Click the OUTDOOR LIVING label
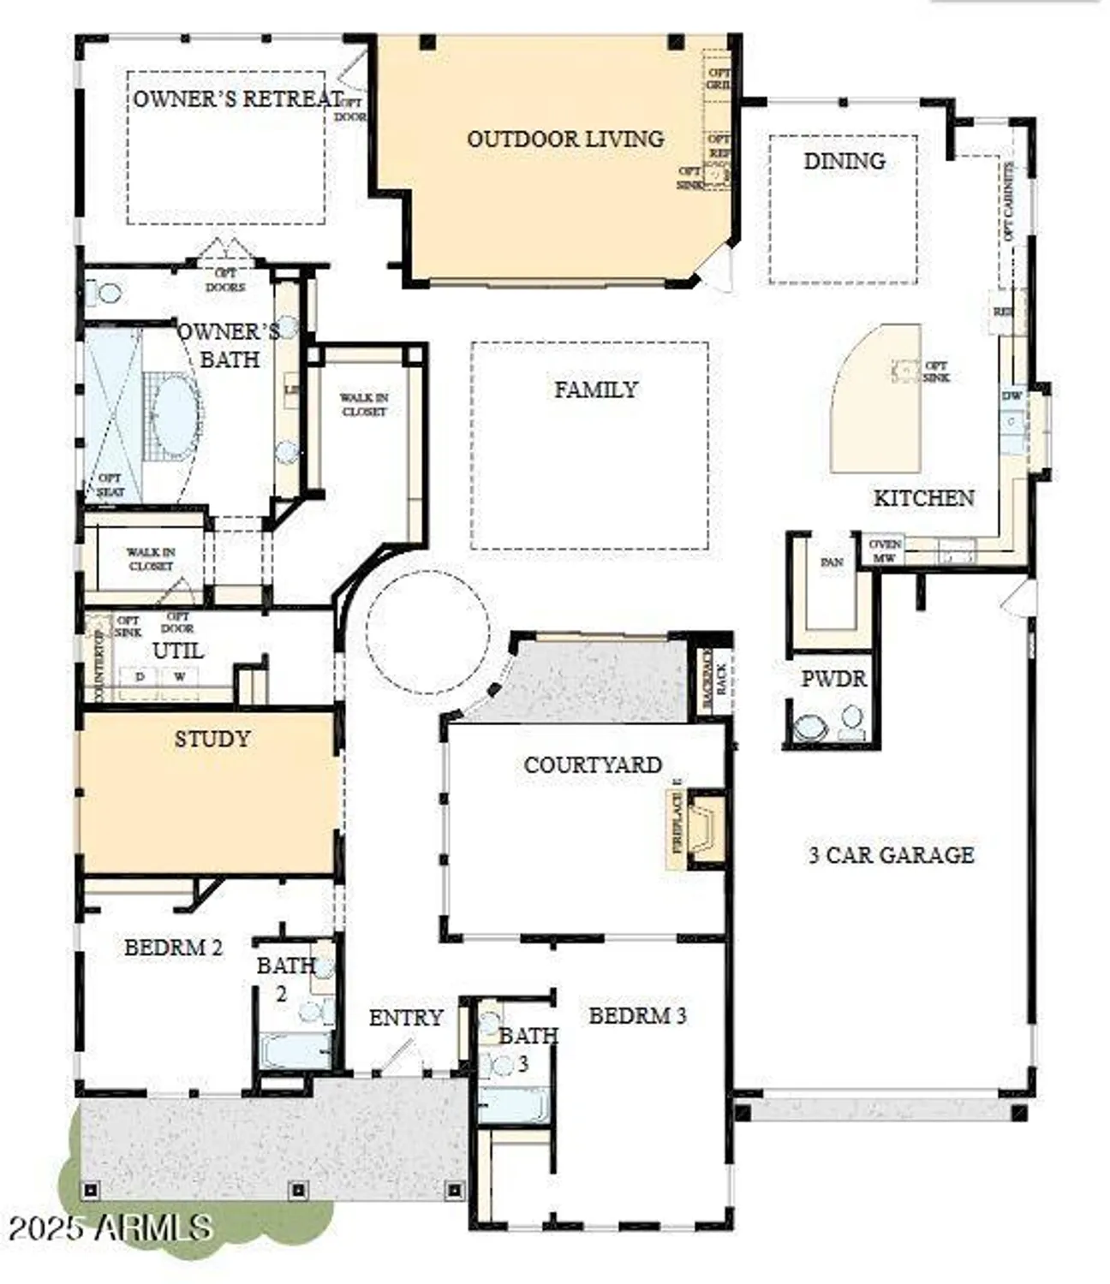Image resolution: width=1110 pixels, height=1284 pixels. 565,139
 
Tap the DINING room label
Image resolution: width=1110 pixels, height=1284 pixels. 844,161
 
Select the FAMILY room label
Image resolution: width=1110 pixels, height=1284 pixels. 595,389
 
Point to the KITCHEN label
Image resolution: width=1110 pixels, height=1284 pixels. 923,498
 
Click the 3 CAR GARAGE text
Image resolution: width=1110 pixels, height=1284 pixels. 891,855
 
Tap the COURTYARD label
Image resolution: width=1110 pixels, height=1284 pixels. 593,764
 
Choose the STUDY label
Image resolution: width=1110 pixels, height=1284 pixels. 212,739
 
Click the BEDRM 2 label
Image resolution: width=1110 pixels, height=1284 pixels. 173,948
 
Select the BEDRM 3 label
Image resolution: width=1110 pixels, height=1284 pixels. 637,1016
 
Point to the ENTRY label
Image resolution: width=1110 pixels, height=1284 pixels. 406,1018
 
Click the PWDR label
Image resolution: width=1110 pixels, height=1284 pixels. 833,679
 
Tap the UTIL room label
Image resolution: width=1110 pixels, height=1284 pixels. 177,651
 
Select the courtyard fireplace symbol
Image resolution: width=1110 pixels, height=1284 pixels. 704,828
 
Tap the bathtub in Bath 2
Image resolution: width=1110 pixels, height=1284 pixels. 295,1049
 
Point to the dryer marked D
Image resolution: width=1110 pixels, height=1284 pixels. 140,676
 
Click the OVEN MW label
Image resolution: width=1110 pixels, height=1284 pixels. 885,550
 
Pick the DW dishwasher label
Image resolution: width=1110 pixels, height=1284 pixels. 1012,395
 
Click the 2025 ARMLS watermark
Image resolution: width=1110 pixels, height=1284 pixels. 110,1228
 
